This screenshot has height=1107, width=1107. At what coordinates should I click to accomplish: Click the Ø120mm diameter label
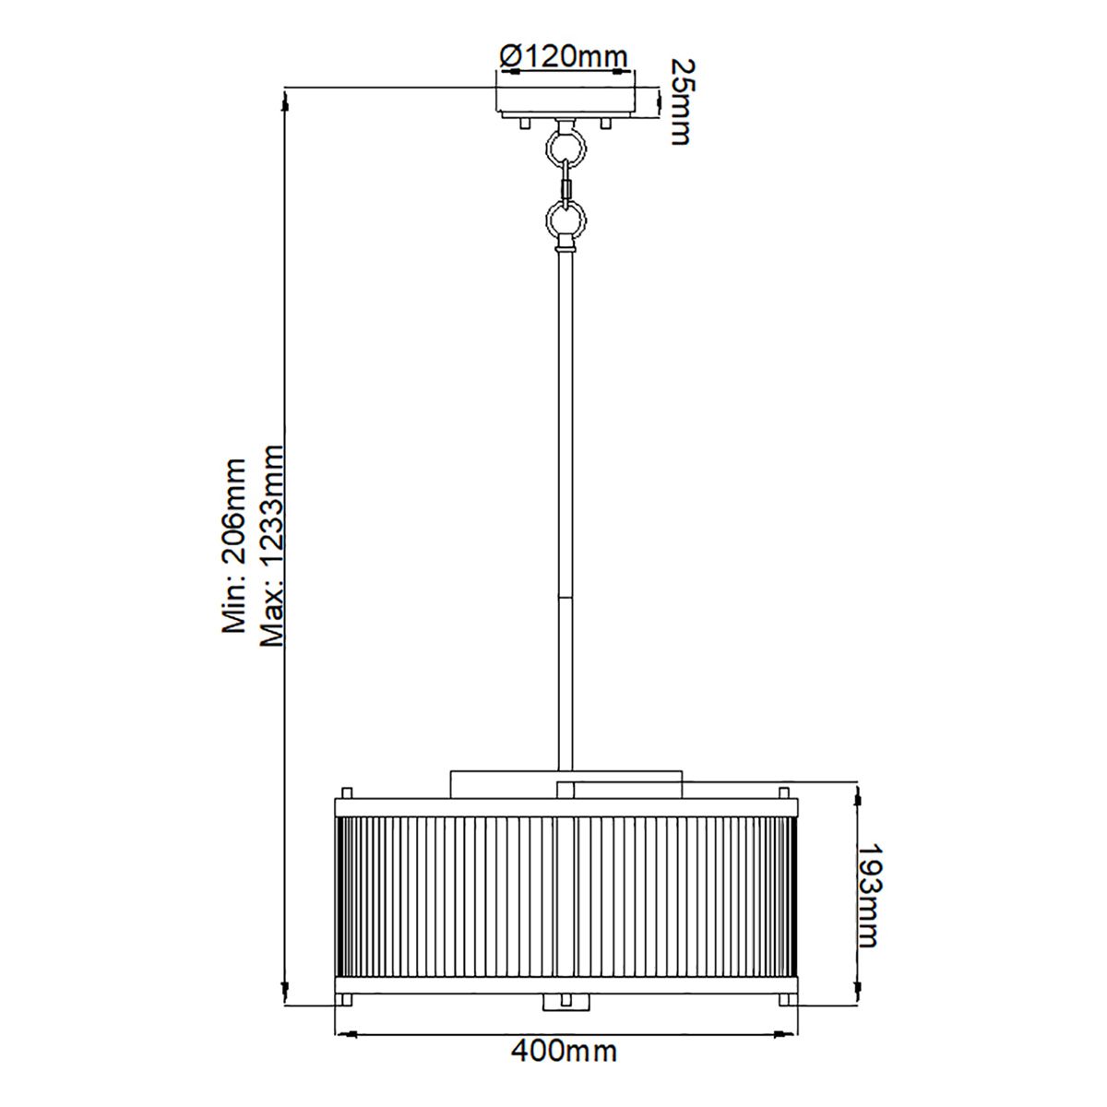564,56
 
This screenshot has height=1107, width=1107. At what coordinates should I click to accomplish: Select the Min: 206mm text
235,545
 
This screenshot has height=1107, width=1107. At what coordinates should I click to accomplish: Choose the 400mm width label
564,1050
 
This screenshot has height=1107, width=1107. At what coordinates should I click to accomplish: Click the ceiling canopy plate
565,102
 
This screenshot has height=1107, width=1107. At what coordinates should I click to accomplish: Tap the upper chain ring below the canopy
565,146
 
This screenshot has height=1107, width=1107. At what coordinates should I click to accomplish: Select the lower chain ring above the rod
565,220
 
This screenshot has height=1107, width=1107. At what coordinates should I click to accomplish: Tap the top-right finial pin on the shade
784,792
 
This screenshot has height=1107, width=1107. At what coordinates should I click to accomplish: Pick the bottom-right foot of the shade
784,999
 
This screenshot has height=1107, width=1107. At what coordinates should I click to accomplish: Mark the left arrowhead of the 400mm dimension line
339,1032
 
